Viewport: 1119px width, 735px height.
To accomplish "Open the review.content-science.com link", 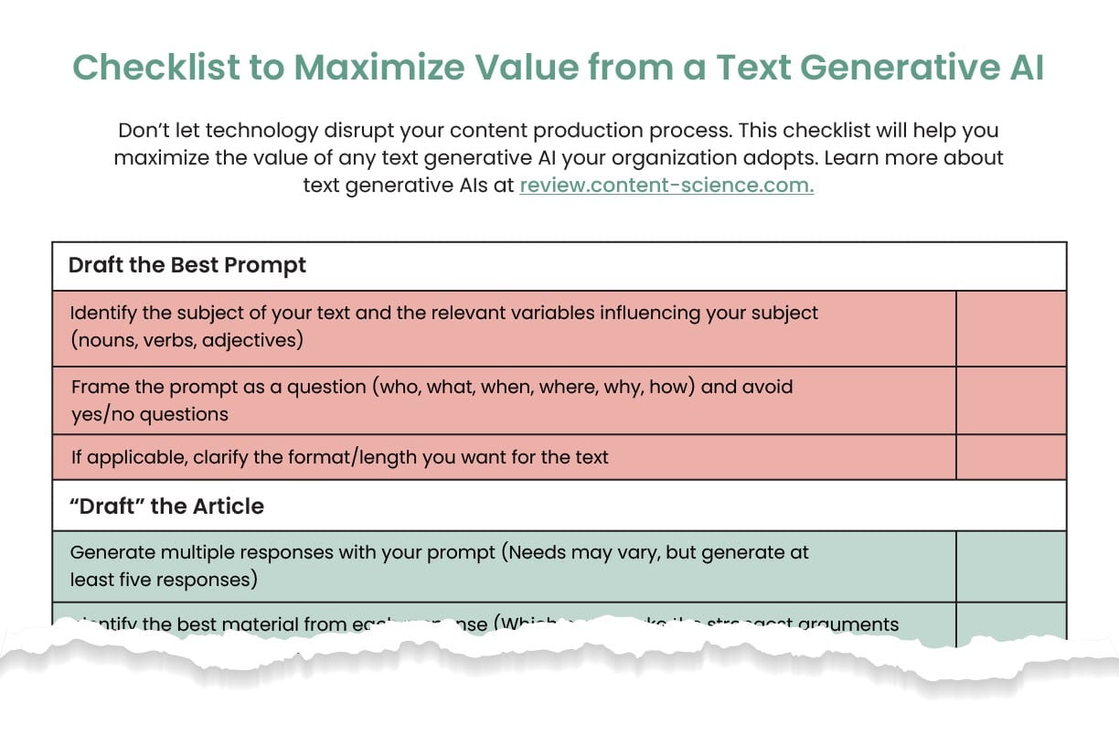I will coord(666,186).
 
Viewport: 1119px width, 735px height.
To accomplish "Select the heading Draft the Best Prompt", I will coord(187,265).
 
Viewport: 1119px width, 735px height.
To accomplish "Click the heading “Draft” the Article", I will coord(166,506).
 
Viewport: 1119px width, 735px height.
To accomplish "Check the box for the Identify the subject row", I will coord(1010,328).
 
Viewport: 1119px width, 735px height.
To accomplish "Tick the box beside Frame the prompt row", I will coord(1010,400).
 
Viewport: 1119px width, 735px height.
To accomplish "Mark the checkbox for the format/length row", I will coord(1010,457).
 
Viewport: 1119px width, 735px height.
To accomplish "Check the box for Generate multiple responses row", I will coord(1010,566).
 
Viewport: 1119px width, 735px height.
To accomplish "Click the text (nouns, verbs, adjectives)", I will coord(186,340).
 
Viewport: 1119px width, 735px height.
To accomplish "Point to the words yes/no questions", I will coord(150,414).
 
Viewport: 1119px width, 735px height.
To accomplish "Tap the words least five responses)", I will coord(164,580).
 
